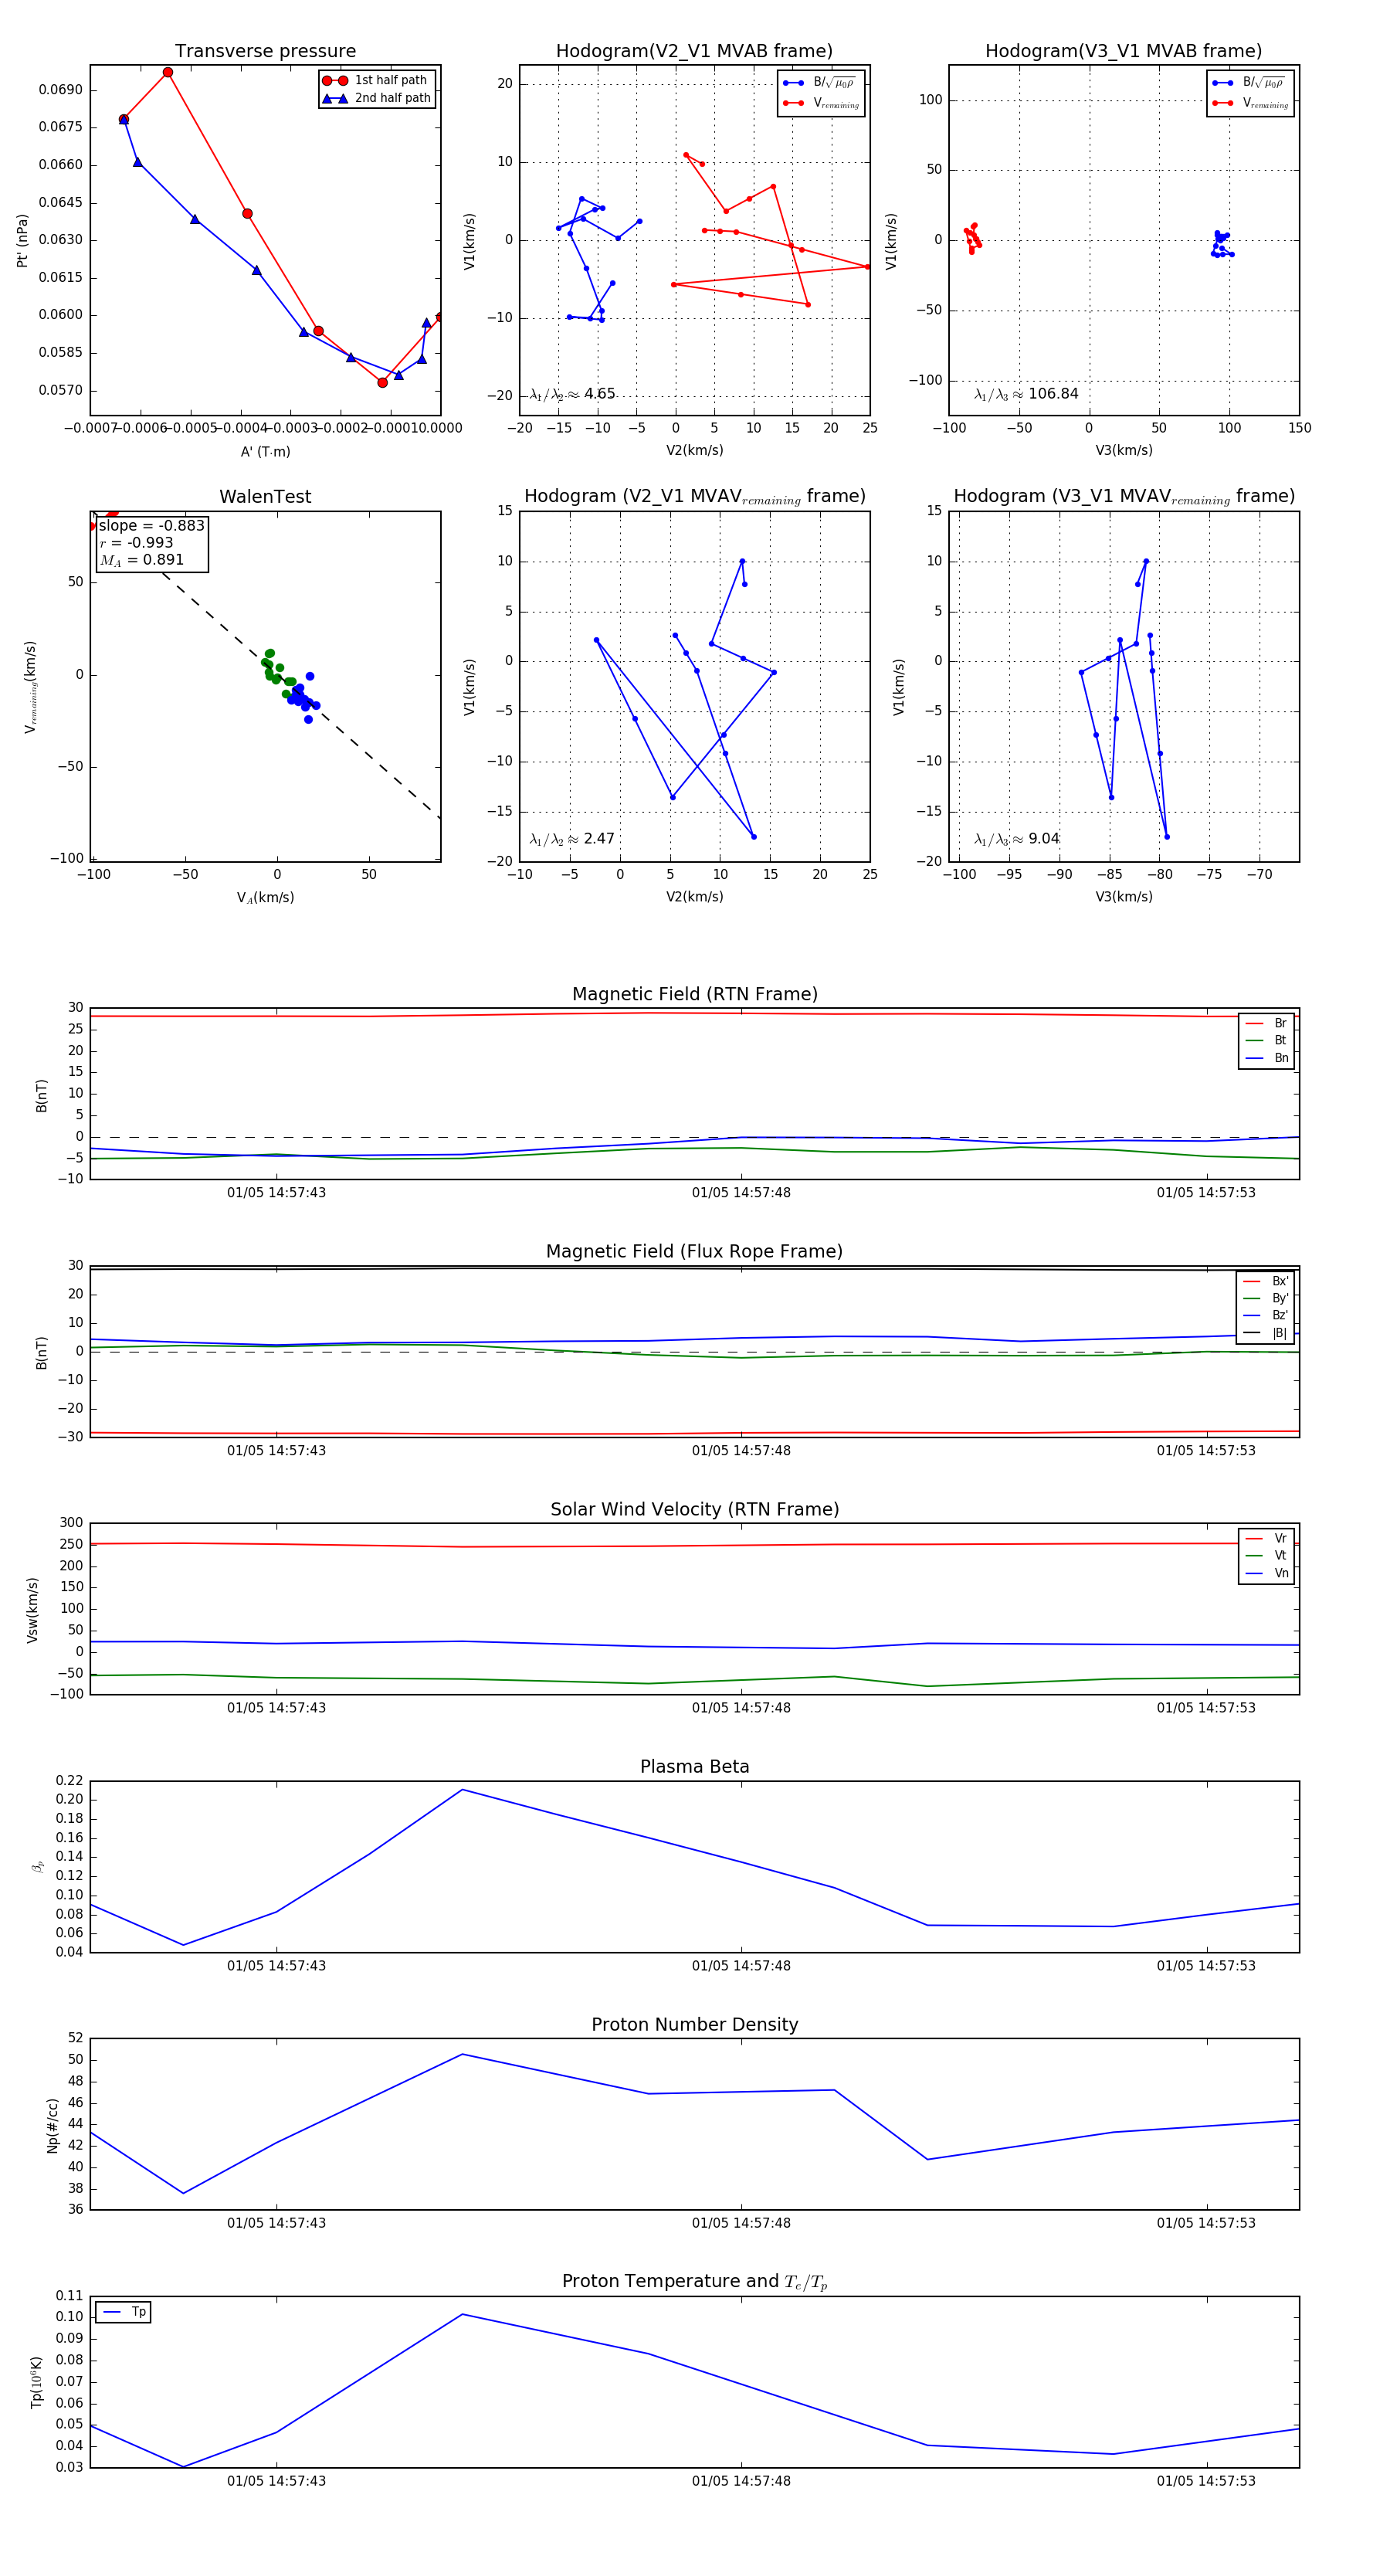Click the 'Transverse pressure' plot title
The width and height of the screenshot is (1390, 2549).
(265, 52)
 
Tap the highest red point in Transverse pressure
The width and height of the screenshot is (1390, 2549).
(168, 73)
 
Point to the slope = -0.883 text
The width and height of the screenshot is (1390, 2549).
(151, 525)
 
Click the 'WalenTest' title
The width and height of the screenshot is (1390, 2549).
(265, 497)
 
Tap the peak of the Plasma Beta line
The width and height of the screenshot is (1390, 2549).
(462, 1789)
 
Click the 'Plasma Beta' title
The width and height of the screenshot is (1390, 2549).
(694, 1767)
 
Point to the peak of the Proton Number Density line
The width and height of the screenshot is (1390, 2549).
(462, 2054)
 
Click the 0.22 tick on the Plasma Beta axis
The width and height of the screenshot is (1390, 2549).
(69, 1781)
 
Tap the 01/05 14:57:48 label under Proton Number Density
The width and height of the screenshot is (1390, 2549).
(741, 2222)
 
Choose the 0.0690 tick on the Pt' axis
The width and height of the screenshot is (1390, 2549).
(60, 90)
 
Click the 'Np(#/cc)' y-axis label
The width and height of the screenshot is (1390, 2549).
(53, 2124)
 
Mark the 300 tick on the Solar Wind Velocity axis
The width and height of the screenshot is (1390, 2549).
(71, 1523)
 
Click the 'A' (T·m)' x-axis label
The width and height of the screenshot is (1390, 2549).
(265, 451)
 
